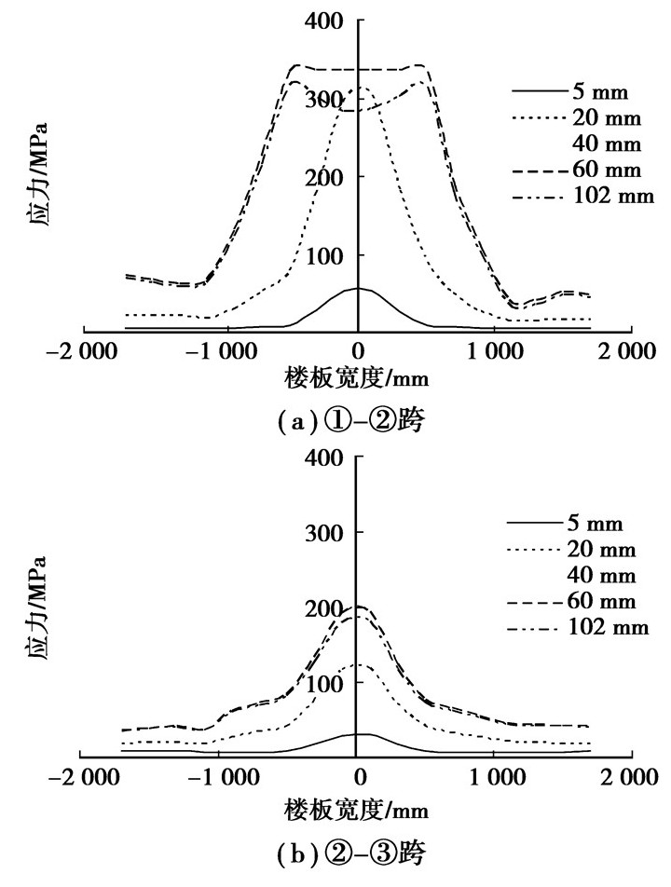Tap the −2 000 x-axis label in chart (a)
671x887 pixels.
pyautogui.click(x=83, y=352)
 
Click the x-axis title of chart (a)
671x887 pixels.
pyautogui.click(x=358, y=379)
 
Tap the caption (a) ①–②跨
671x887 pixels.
pyautogui.click(x=358, y=423)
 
